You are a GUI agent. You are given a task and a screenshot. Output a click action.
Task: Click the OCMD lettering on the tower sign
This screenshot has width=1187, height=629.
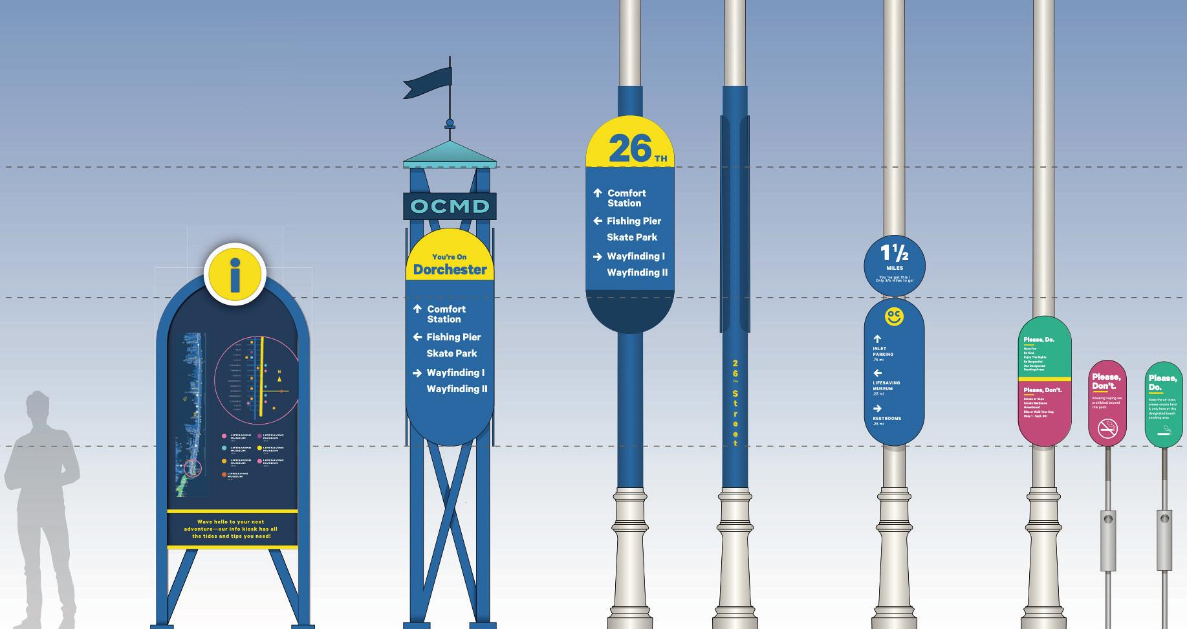click(x=450, y=206)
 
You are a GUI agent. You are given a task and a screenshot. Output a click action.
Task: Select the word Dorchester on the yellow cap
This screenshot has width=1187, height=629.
click(x=450, y=269)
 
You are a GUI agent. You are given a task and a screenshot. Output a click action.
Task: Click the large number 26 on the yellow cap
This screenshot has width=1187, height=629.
click(x=629, y=149)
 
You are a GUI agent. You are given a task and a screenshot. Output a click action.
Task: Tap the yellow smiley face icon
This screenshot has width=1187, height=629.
click(x=894, y=316)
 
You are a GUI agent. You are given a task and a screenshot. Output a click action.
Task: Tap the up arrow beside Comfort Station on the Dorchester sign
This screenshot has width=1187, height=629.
click(x=417, y=309)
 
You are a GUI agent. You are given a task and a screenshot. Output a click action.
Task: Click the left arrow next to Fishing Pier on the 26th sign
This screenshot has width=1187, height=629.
click(x=598, y=221)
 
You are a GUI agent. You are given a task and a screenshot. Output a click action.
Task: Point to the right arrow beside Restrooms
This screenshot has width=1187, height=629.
click(x=877, y=408)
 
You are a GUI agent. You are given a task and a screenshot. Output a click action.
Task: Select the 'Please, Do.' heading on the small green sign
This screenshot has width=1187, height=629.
click(x=1162, y=382)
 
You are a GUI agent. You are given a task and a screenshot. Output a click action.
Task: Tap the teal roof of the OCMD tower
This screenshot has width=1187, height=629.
click(x=450, y=153)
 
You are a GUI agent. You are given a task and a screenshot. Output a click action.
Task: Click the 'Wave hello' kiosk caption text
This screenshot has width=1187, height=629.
click(x=231, y=529)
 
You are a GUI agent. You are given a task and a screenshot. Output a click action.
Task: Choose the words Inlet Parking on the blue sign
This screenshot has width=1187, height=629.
click(x=883, y=351)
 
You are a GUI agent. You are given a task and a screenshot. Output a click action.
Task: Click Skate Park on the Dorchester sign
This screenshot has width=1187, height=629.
click(x=452, y=353)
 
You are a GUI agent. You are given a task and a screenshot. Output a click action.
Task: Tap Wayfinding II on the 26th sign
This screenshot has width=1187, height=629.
click(x=637, y=272)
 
